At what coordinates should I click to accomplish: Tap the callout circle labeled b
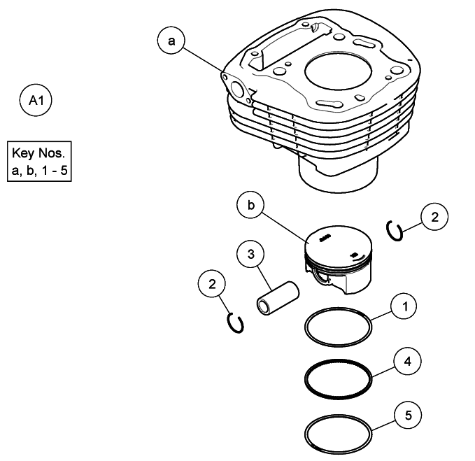(250, 206)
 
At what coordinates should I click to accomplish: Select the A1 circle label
(36, 101)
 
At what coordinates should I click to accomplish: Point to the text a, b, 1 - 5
(40, 170)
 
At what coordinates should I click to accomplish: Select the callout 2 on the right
(434, 218)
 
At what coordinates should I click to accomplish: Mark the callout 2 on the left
(212, 284)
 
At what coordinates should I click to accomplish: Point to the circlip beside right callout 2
(395, 231)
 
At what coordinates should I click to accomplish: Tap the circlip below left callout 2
(236, 322)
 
